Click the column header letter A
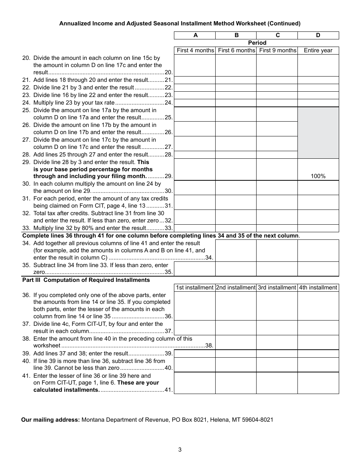click(x=195, y=35)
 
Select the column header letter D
click(x=318, y=35)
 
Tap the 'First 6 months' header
click(x=236, y=50)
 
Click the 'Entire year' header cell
click(x=318, y=50)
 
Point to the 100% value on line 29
click(x=318, y=176)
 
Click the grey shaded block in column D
click(x=318, y=133)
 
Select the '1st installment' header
click(x=195, y=288)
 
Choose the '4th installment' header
click(x=318, y=288)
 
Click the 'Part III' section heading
click(x=86, y=280)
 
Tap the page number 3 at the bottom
click(x=180, y=450)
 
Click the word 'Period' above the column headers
click(x=257, y=43)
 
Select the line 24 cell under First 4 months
click(x=195, y=103)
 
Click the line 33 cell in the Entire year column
click(x=318, y=228)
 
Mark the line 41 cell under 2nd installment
click(x=236, y=383)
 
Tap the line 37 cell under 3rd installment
click(x=277, y=328)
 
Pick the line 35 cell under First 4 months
click(x=195, y=269)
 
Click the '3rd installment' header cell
click(x=277, y=288)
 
